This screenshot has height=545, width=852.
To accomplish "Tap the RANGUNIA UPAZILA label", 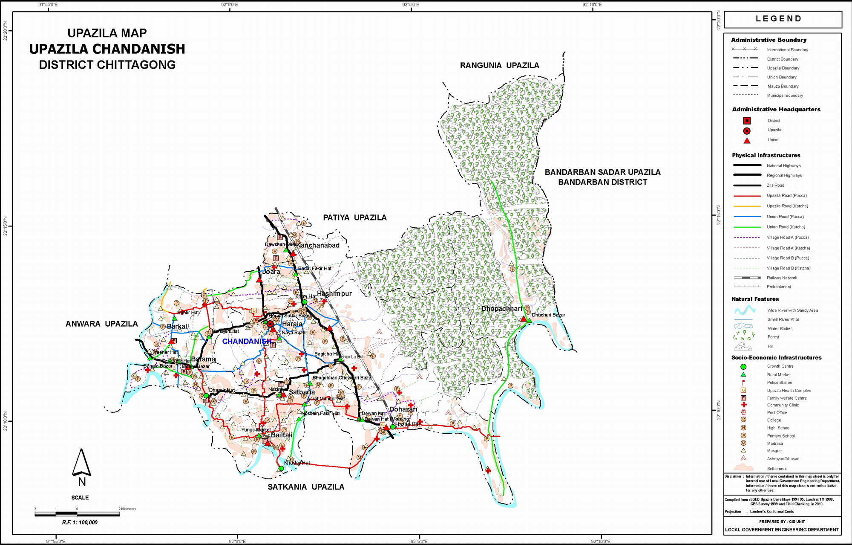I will coord(499,66).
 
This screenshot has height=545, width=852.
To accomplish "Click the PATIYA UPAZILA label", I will coord(354,218).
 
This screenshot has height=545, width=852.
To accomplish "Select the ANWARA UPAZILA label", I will coord(101,324).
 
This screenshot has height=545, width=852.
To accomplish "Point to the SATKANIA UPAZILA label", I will coord(305,487).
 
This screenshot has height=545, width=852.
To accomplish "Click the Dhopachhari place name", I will coord(501,309).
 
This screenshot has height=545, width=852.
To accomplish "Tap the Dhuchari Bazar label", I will coord(548,315).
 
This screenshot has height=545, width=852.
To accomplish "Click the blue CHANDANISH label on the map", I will coord(246,342).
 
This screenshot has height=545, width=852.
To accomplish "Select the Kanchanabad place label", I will coord(318,246).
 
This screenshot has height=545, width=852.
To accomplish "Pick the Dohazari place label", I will coord(403,409).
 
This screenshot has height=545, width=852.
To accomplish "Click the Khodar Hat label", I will coord(297,463).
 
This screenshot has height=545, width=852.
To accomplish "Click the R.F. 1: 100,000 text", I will coord(80,522).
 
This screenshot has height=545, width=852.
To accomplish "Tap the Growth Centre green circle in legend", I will coord(743,367).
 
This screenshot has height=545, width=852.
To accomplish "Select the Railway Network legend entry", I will coord(782,278).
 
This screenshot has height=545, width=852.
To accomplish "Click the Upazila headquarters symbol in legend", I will coord(747,131).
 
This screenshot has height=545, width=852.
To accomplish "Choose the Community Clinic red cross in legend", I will coord(744,405).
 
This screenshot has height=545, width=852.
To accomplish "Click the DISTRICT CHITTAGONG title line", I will coord(107,65).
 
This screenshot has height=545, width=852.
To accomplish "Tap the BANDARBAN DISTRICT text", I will coord(602,183).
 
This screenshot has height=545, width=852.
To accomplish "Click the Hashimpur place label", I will coord(334,294).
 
